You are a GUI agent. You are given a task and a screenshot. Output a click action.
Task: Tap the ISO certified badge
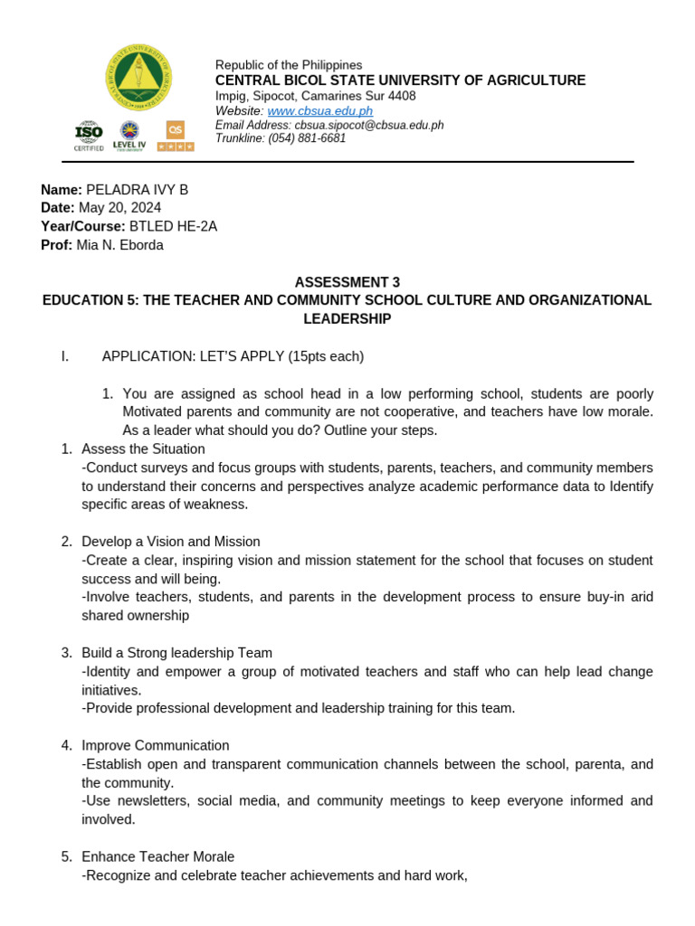coord(89,136)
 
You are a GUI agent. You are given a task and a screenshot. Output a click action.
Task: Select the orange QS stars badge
coord(175,136)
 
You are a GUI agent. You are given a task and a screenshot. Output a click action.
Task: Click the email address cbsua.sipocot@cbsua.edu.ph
coord(368,125)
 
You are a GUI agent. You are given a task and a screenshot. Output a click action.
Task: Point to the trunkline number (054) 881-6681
coord(307,138)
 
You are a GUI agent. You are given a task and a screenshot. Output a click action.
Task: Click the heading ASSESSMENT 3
coord(347,282)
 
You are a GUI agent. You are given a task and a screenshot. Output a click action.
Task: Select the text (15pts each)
coord(326,356)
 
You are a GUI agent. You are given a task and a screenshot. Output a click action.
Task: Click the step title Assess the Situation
coord(143,449)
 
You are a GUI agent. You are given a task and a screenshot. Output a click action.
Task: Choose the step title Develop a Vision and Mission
coord(170,542)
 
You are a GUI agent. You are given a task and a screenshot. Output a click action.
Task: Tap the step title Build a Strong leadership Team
coord(176,653)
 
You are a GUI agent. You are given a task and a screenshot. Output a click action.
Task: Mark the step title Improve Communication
coord(155,745)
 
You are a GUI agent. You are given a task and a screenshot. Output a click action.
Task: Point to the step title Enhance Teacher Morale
coord(157,856)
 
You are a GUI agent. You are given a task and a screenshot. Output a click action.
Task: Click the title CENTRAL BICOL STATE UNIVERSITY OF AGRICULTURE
coord(400,80)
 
